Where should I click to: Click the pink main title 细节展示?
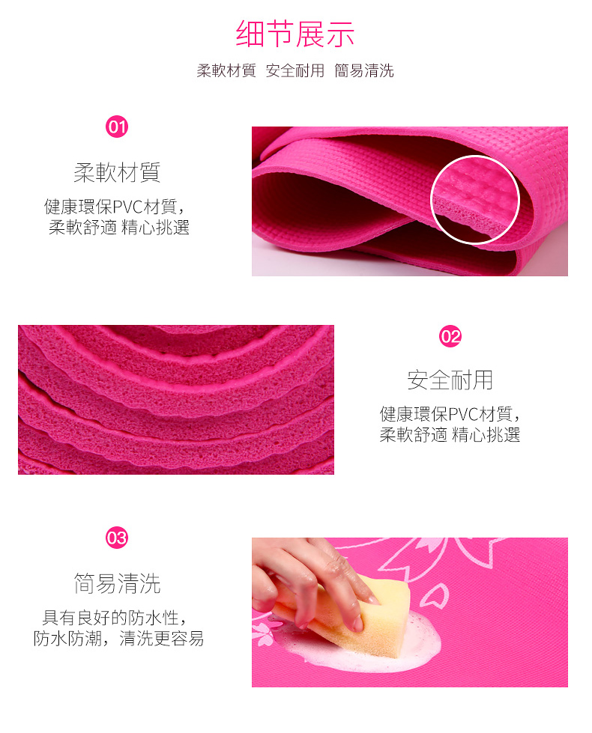[x=295, y=34]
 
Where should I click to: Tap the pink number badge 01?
[x=117, y=127]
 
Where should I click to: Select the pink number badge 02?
[x=450, y=336]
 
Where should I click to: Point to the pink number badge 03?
[x=117, y=538]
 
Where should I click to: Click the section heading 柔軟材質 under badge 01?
[x=117, y=172]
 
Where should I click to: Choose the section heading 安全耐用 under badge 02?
[x=450, y=380]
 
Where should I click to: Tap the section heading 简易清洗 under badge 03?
[x=117, y=583]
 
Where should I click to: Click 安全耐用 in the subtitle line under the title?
[x=295, y=70]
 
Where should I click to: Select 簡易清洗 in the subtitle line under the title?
[x=364, y=70]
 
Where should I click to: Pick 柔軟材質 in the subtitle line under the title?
[x=226, y=70]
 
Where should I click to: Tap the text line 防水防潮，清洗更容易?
[x=118, y=638]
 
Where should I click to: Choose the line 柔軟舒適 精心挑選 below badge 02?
[x=450, y=435]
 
